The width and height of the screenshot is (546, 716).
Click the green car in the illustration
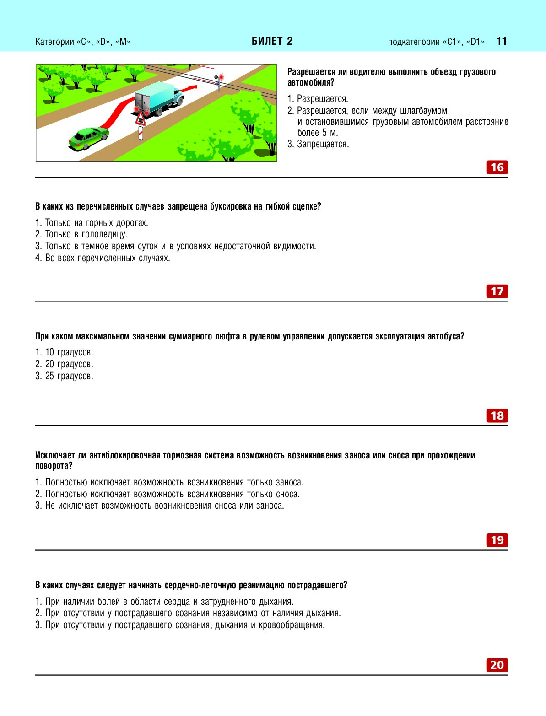point(89,138)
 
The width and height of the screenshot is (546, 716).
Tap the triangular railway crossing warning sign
point(141,120)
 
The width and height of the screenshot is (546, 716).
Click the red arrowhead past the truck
point(194,86)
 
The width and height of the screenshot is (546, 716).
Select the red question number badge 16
point(497,167)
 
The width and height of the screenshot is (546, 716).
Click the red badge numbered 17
point(497,291)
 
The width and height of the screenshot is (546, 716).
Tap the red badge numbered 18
point(497,416)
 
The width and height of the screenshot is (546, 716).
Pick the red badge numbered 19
point(497,540)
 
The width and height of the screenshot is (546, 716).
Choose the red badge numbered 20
point(497,665)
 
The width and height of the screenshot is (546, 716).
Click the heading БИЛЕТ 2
point(272,41)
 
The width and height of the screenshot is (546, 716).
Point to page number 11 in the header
point(502,41)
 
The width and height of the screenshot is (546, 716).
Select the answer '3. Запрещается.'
point(319,144)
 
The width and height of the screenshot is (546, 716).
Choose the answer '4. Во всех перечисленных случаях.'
point(103,258)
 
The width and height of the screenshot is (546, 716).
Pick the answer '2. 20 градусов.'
point(65,364)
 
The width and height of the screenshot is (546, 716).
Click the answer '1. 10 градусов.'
point(65,352)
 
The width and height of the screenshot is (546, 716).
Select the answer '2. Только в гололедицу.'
point(82,234)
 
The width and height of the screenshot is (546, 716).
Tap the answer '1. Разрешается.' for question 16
point(318,99)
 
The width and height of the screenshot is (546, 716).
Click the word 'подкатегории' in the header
point(413,42)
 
